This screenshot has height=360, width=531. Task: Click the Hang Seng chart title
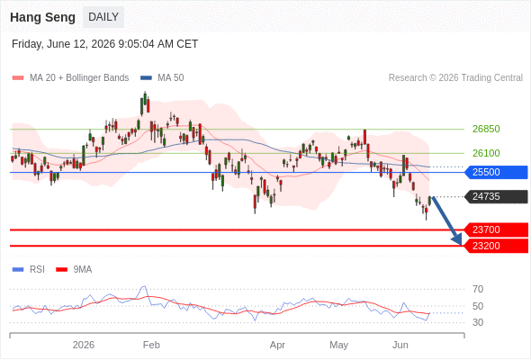(x=42, y=17)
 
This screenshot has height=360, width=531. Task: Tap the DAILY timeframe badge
(x=103, y=17)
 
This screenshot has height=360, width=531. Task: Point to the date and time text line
(x=104, y=44)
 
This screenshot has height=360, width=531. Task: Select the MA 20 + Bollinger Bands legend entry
(x=70, y=78)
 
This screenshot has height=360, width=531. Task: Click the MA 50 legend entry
(x=162, y=78)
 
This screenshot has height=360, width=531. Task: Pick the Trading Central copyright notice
(x=455, y=78)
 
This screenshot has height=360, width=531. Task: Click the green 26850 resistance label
(x=486, y=129)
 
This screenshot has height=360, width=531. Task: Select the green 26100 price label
(x=486, y=153)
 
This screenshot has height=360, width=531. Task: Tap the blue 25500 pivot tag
(x=496, y=173)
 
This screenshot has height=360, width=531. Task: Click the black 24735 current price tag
(x=496, y=197)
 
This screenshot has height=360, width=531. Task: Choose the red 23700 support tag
(x=496, y=230)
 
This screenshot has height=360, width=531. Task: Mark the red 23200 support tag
(x=496, y=246)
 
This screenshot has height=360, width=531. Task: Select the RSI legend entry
(x=29, y=270)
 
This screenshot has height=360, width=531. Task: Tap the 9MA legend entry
(x=74, y=270)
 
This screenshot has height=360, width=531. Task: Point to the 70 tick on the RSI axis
(x=478, y=289)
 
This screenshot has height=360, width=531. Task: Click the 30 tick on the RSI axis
(x=478, y=322)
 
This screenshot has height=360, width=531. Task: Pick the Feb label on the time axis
(x=151, y=345)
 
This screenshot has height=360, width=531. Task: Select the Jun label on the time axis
(x=400, y=345)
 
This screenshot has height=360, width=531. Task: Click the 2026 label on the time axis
(x=84, y=345)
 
